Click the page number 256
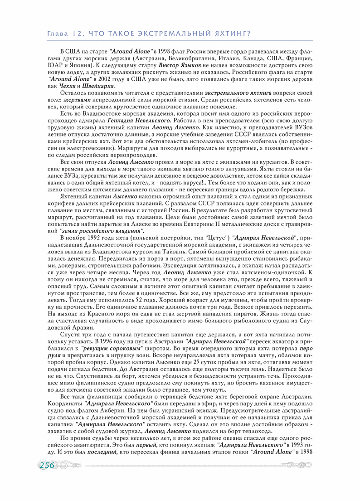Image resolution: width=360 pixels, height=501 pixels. click(x=47, y=466)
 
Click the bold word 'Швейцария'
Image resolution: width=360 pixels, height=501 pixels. click(x=98, y=86)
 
